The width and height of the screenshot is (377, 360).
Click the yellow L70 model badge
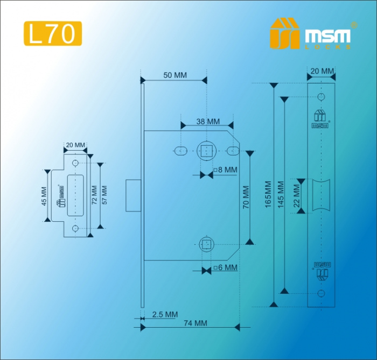click(53, 33)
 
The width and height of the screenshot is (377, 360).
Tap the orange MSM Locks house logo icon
click(284, 33)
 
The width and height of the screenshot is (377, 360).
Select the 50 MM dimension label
click(175, 75)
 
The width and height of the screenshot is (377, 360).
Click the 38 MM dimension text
click(208, 122)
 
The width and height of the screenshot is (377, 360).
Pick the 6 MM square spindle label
click(225, 267)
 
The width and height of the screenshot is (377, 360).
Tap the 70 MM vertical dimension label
click(246, 197)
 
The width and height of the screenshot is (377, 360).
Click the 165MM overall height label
click(268, 195)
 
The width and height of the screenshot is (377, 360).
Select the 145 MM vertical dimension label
click(281, 195)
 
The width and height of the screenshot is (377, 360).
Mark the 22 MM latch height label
click(297, 195)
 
